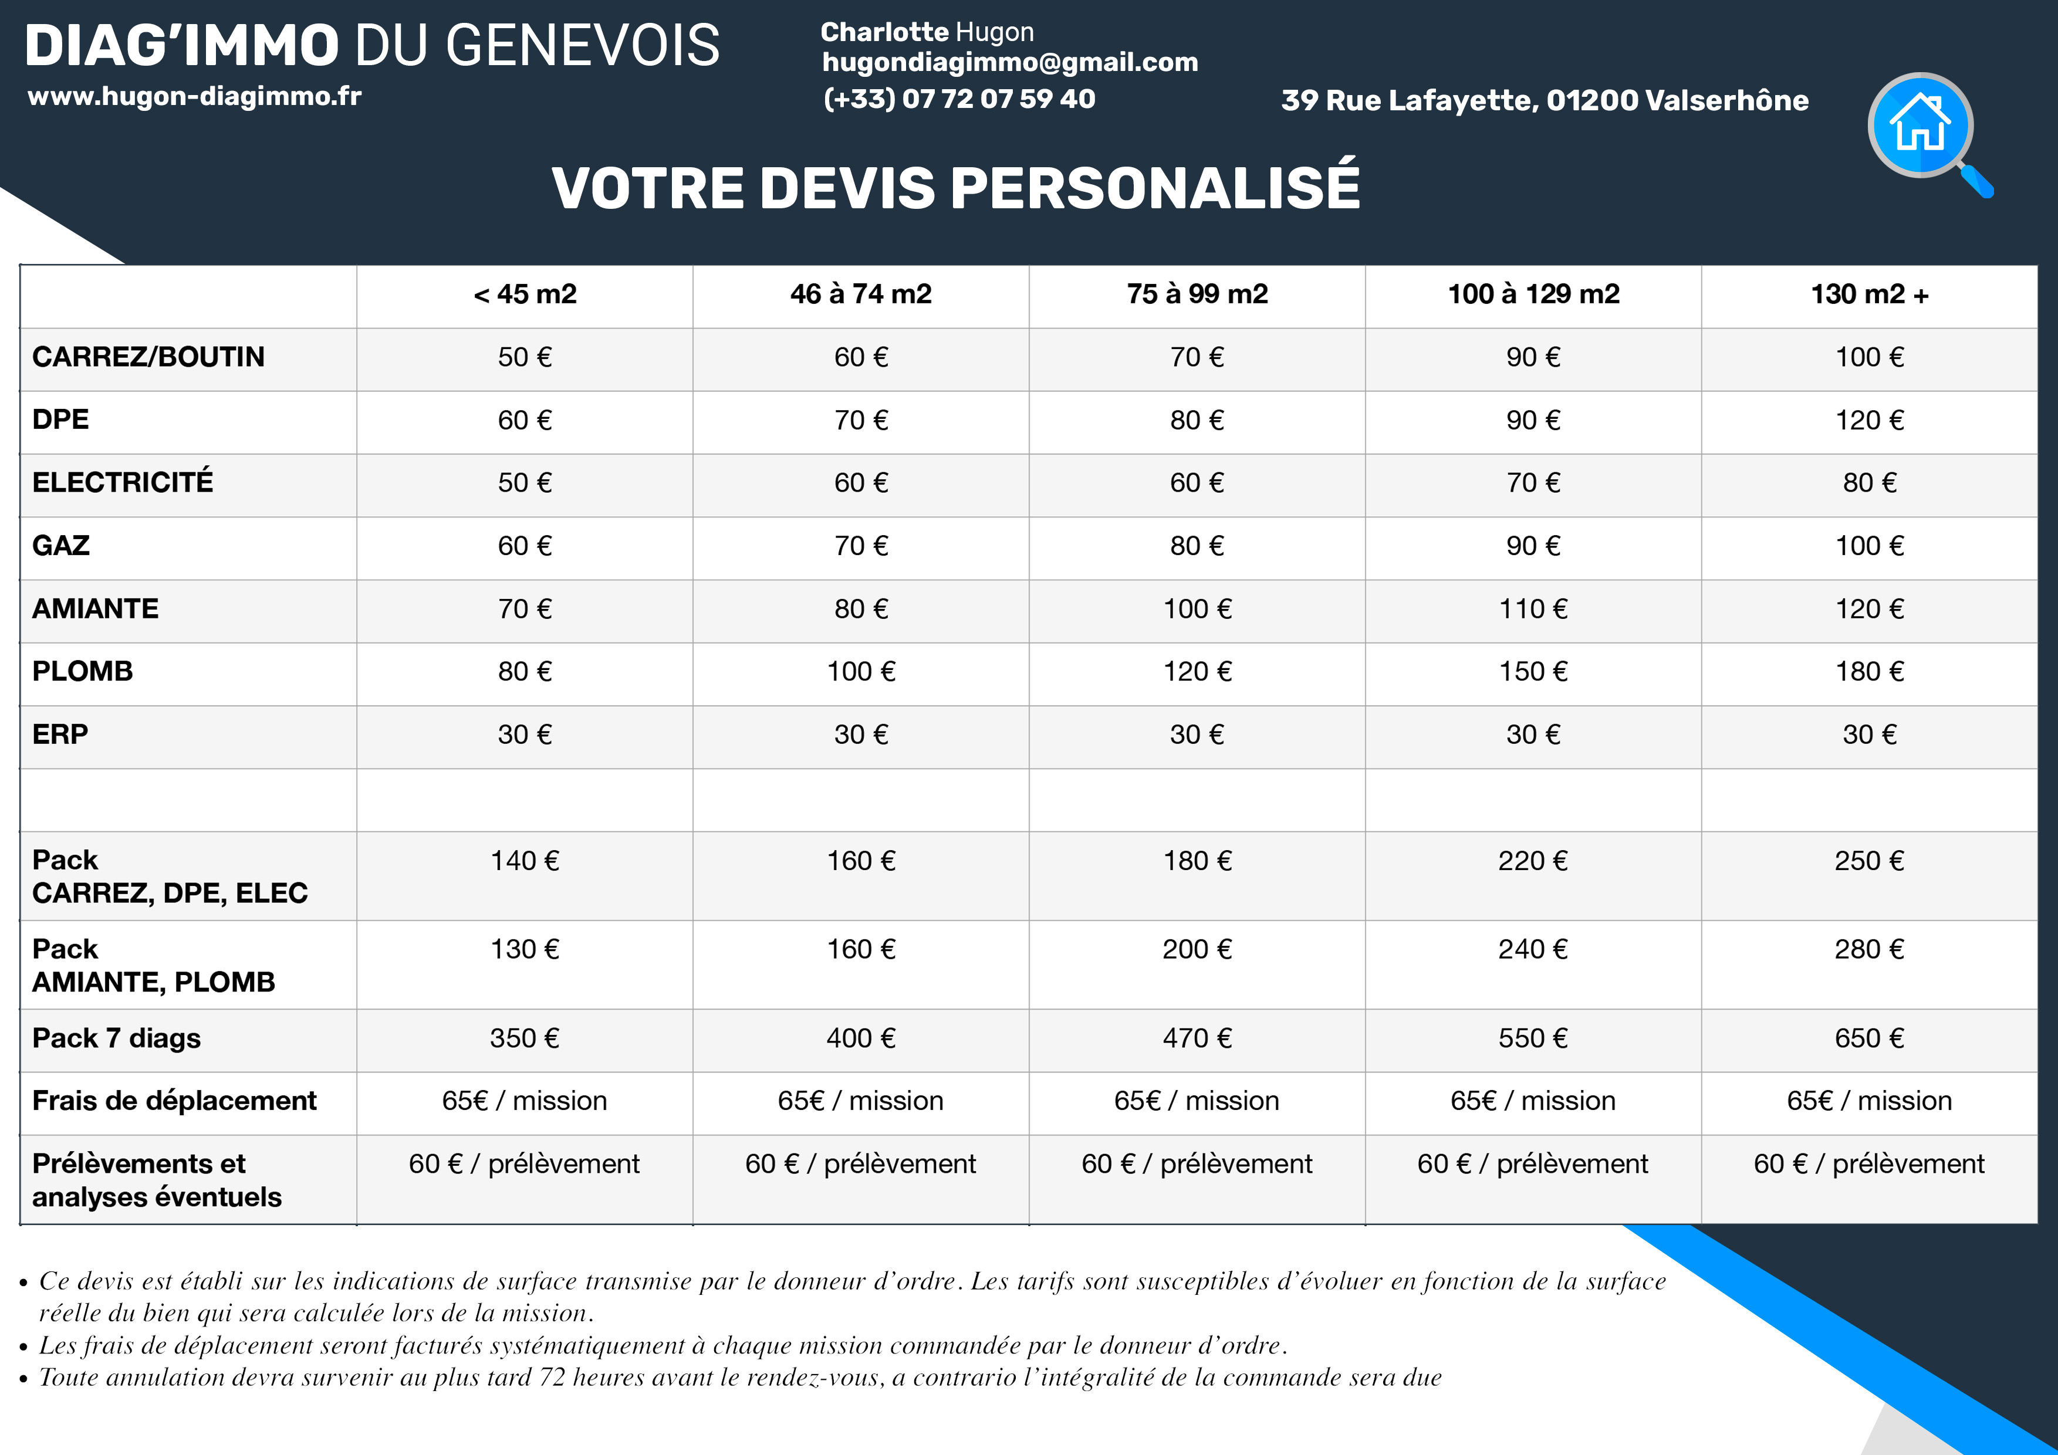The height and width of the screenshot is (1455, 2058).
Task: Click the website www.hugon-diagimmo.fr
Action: click(x=194, y=96)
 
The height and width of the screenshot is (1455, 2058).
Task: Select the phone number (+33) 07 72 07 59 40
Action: click(x=959, y=99)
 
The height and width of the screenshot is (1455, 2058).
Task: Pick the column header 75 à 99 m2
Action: click(x=1198, y=294)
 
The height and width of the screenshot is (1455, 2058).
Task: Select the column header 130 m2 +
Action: click(x=1870, y=294)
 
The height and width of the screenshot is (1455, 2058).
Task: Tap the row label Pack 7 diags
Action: click(x=117, y=1037)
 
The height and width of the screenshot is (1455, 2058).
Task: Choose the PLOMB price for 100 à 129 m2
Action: click(x=1533, y=671)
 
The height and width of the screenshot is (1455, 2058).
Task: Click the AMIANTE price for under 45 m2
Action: click(x=525, y=608)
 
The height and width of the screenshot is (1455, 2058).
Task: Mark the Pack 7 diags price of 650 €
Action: click(x=1870, y=1037)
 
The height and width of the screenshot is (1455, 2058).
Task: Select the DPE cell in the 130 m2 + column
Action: click(x=1870, y=420)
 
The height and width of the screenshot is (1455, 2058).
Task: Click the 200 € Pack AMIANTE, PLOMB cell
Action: click(x=1198, y=949)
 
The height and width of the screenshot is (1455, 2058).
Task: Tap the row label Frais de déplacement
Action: click(x=175, y=1100)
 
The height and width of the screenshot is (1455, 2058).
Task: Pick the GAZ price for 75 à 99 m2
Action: click(x=1198, y=546)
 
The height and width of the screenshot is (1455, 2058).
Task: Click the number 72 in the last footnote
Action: click(x=552, y=1377)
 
